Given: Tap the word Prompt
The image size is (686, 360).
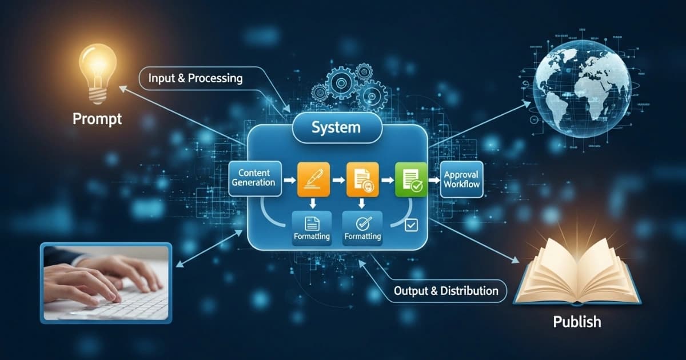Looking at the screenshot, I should click(x=97, y=119).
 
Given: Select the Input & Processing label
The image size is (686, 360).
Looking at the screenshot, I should click(x=195, y=78).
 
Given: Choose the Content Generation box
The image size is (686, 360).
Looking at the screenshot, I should click(x=254, y=178).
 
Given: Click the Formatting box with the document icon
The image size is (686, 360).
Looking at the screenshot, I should click(x=312, y=228).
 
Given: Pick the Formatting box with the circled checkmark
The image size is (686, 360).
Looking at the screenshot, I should click(x=363, y=228).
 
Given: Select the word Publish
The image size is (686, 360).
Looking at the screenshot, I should click(x=577, y=321).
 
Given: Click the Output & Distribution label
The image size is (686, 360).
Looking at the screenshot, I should click(x=446, y=291).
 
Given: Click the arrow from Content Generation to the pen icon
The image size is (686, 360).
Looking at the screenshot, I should click(x=290, y=179).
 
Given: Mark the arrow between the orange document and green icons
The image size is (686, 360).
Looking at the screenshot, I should click(x=388, y=179).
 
